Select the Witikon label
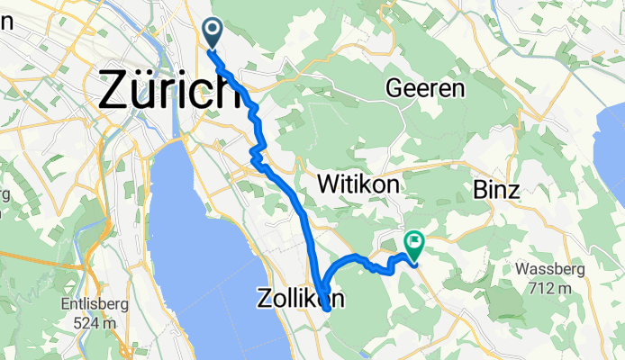(358, 184)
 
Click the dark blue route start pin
(214, 33)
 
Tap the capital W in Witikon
(330, 184)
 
